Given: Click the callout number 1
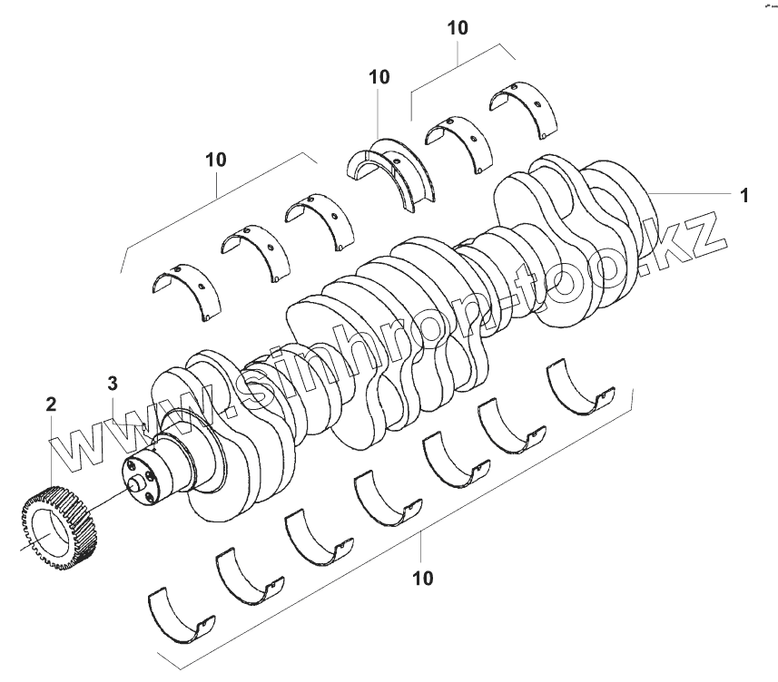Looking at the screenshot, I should (x=744, y=195).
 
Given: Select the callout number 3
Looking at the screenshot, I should (x=113, y=384).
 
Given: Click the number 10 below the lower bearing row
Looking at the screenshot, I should (x=422, y=578).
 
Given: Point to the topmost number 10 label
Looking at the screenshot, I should (x=458, y=28).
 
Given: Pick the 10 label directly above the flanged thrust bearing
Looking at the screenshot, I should (x=379, y=77).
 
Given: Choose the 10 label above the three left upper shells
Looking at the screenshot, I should (x=216, y=161).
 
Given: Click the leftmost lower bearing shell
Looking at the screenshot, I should (x=182, y=614).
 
